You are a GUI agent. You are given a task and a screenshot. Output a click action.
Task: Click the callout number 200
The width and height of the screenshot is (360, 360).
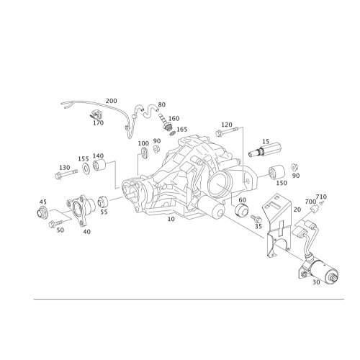112,101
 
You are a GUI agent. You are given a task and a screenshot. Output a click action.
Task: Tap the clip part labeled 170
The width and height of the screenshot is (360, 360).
96,114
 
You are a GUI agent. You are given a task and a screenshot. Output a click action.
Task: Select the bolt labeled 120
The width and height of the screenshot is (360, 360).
227,131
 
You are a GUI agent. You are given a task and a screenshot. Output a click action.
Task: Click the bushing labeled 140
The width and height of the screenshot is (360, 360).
99,165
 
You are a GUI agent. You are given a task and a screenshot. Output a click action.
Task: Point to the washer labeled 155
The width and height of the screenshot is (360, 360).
85,168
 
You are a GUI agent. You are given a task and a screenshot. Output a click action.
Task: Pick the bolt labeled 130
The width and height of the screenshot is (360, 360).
66,174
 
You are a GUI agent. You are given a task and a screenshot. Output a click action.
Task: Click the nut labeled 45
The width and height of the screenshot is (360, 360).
42,212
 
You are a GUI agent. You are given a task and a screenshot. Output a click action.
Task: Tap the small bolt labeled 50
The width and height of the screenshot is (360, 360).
55,223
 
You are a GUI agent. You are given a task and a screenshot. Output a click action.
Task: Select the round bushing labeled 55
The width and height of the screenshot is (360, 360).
103,201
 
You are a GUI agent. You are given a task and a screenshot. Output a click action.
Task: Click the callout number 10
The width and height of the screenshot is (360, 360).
171,219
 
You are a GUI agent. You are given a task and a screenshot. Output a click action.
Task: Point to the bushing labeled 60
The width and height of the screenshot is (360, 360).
241,210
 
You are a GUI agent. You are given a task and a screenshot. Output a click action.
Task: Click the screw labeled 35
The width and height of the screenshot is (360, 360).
256,219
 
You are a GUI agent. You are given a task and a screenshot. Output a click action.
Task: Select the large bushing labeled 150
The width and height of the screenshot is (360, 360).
276,172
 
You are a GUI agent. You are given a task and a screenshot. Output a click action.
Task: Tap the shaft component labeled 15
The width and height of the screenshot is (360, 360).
265,150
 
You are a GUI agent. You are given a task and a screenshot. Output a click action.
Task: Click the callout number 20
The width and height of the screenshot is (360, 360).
297,210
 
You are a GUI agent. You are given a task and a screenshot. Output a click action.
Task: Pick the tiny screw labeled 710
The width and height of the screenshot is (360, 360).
321,203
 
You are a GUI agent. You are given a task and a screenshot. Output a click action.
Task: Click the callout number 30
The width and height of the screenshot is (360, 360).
316,282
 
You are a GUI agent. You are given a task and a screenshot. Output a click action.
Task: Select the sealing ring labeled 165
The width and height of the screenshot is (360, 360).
172,133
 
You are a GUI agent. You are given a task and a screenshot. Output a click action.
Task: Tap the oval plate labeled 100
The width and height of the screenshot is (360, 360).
144,153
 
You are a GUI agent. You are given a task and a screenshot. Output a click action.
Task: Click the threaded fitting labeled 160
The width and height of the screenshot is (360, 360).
166,122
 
